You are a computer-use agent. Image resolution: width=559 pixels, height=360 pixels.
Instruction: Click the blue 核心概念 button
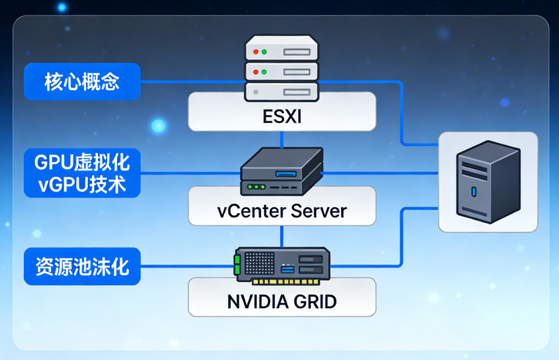[82, 82]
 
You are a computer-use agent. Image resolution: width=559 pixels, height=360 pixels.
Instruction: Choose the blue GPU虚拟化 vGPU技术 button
[82, 173]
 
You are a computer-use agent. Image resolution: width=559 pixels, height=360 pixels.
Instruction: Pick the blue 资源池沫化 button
[82, 266]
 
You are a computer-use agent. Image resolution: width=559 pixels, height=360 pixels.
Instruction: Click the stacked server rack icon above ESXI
[282, 66]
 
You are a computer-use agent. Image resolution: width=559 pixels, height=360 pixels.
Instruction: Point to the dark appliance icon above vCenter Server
[282, 172]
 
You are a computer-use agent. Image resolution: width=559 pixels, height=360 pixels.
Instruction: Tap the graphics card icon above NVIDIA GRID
[282, 266]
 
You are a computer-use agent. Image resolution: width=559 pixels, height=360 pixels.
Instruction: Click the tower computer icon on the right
[488, 181]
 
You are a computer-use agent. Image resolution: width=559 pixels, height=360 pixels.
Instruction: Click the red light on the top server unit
[254, 52]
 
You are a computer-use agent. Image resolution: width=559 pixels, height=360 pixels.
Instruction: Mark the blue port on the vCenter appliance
[285, 174]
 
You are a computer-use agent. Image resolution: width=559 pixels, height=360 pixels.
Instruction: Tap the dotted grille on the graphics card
[260, 263]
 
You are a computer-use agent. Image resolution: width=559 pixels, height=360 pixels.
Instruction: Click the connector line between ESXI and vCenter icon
[282, 139]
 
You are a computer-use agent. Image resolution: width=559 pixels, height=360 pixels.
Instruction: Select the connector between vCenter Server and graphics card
[282, 236]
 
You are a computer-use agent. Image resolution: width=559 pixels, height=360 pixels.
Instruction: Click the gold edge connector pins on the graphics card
[285, 282]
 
